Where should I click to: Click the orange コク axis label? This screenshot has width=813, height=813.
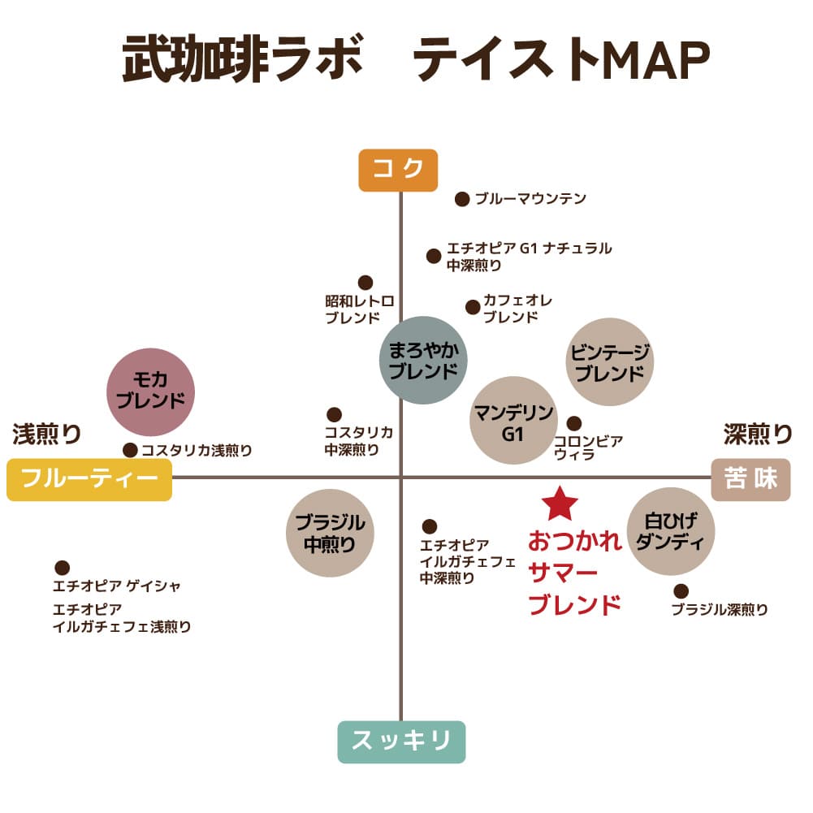pyautogui.click(x=398, y=170)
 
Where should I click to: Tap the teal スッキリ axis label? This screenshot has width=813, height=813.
pyautogui.click(x=401, y=742)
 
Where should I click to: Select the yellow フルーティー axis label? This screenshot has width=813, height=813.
pyautogui.click(x=89, y=480)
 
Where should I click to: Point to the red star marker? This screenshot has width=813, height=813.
pyautogui.click(x=560, y=504)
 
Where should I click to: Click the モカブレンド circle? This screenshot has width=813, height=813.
pyautogui.click(x=150, y=392)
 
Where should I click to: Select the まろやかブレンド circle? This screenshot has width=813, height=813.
pyautogui.click(x=423, y=361)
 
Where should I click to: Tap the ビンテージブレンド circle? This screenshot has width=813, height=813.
pyautogui.click(x=609, y=362)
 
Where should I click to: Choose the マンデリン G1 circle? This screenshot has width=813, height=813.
pyautogui.click(x=513, y=421)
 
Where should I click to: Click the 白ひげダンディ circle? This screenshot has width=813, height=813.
pyautogui.click(x=671, y=531)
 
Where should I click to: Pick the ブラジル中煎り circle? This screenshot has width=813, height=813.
pyautogui.click(x=330, y=533)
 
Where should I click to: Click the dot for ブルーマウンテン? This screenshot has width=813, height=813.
pyautogui.click(x=462, y=199)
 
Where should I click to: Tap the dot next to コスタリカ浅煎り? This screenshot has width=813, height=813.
pyautogui.click(x=130, y=450)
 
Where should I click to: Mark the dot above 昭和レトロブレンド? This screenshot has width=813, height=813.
pyautogui.click(x=365, y=283)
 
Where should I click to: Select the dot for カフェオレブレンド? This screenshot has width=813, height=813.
pyautogui.click(x=473, y=307)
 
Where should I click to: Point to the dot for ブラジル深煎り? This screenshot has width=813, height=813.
pyautogui.click(x=681, y=591)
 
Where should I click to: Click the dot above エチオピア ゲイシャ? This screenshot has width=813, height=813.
pyautogui.click(x=63, y=567)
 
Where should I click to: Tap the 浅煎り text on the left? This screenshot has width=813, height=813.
pyautogui.click(x=46, y=434)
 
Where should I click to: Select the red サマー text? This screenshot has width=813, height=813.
pyautogui.click(x=563, y=573)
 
